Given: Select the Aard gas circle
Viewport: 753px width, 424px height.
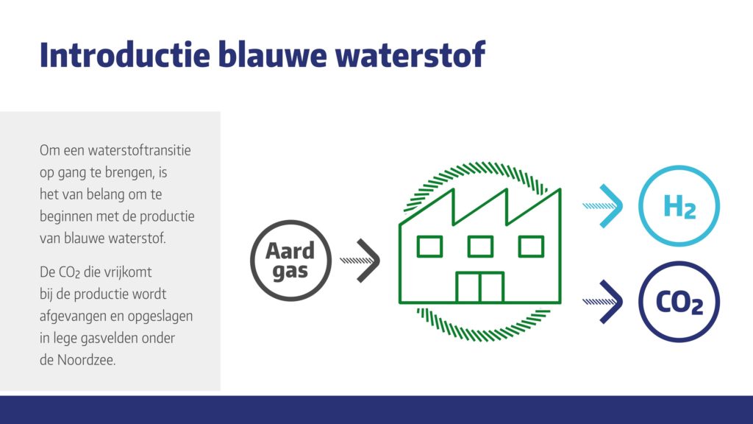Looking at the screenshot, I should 290,261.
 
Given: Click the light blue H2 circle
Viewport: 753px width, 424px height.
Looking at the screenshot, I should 679,206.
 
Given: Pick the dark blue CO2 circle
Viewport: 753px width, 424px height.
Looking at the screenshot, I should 679,303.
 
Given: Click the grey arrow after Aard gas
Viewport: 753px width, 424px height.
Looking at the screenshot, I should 365,261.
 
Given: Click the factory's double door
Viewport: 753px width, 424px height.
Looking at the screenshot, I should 479,287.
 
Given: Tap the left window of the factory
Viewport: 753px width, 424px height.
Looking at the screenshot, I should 429,246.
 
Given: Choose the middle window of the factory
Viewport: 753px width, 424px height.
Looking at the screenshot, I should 480,246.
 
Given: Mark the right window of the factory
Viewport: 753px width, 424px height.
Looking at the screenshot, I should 530,246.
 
